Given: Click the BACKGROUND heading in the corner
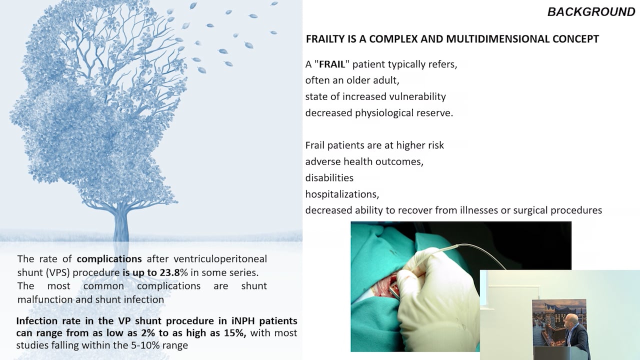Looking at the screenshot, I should click(591, 12).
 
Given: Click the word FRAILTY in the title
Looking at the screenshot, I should click(328, 39).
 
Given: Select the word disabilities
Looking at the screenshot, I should click(329, 178).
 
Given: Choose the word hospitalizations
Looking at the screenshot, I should click(339, 194).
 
